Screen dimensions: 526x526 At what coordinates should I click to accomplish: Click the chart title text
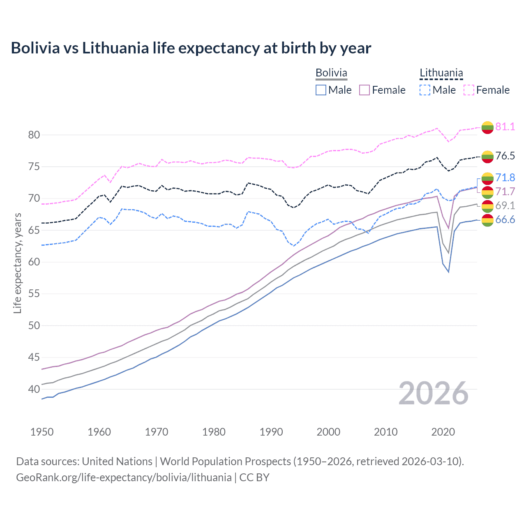point(191,48)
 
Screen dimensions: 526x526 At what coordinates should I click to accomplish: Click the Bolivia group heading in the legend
point(331,73)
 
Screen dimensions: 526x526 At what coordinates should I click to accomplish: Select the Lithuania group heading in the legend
point(441,73)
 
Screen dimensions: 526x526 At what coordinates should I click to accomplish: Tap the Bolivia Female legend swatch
point(365,90)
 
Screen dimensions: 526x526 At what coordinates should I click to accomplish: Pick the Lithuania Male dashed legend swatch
point(425,90)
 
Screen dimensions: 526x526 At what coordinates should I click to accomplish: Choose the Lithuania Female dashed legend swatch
point(469,90)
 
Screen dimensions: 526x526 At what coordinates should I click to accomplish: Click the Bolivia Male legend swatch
point(321,90)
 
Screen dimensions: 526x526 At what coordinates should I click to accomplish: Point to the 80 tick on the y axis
point(34,135)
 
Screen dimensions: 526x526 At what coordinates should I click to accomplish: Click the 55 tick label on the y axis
point(34,294)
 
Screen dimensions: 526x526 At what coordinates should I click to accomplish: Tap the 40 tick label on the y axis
point(34,389)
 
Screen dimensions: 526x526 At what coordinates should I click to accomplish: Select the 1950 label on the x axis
point(42,432)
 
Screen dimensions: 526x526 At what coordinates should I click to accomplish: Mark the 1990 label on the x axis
point(271,432)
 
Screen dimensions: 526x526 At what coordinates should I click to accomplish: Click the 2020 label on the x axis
point(443,432)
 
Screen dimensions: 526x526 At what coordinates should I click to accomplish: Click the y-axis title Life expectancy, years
point(17,263)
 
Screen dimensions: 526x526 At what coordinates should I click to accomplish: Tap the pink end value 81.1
point(505,127)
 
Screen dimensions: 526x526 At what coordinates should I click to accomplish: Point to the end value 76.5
point(505,156)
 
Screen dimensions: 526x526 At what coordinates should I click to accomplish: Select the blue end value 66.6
point(505,220)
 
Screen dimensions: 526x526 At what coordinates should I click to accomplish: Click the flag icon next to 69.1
point(487,206)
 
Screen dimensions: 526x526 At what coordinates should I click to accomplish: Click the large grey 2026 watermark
point(434,393)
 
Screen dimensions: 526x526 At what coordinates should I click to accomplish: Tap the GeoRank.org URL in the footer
point(124,478)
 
